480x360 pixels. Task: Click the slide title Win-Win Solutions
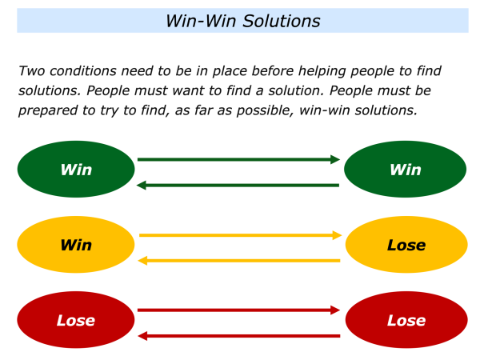click(x=242, y=21)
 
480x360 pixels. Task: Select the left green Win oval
click(x=76, y=170)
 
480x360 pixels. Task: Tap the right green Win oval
click(x=405, y=170)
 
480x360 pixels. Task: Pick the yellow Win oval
click(x=76, y=245)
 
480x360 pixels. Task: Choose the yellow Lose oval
click(x=406, y=245)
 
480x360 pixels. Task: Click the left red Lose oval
click(x=76, y=320)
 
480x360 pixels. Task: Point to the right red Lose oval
click(x=406, y=320)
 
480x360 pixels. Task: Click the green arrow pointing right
click(x=238, y=159)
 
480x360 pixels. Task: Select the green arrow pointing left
click(x=238, y=185)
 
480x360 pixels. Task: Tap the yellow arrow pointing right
click(x=240, y=235)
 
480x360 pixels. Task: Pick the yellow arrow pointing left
click(x=240, y=260)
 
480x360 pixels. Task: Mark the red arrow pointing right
click(x=238, y=310)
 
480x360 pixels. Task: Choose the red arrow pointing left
click(x=238, y=335)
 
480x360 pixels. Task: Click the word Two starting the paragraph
click(x=32, y=71)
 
